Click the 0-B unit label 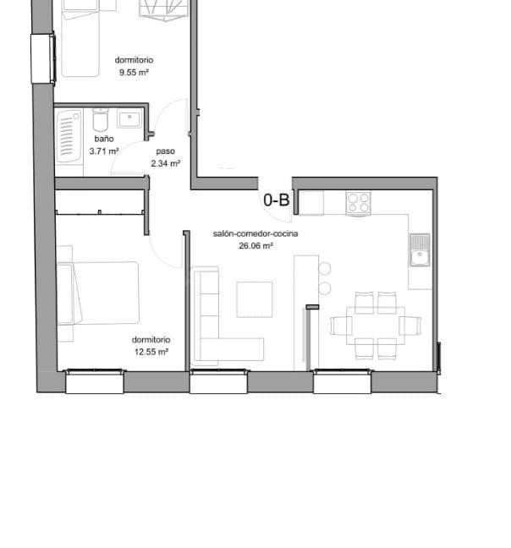coord(276,200)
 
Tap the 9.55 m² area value coord(134,73)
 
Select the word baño coord(104,139)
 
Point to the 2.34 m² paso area coord(165,163)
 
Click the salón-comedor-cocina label coord(255,233)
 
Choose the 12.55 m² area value coord(151,352)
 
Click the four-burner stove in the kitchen coord(358,203)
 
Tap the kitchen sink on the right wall coord(420,249)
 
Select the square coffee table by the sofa coord(255,299)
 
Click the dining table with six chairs coord(376,326)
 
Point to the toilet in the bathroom coord(101,119)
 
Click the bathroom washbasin coord(129,118)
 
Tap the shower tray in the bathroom coord(69,136)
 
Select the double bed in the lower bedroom coord(98,293)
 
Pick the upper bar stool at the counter coord(324,269)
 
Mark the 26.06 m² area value coord(255,246)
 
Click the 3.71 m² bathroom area coord(104,151)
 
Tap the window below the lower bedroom coord(95,381)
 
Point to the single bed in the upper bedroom coord(80,38)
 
